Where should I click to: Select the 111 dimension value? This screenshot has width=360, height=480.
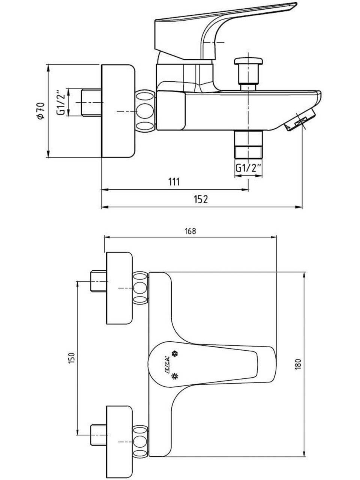click(174, 181)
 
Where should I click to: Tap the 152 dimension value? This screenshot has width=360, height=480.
click(201, 199)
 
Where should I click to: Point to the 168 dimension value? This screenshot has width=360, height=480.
click(190, 231)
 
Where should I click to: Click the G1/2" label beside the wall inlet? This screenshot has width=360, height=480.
click(61, 102)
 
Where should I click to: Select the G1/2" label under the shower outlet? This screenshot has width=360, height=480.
click(249, 168)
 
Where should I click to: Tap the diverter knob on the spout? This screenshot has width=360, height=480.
click(248, 73)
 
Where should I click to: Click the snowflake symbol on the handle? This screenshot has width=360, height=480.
click(175, 354)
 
